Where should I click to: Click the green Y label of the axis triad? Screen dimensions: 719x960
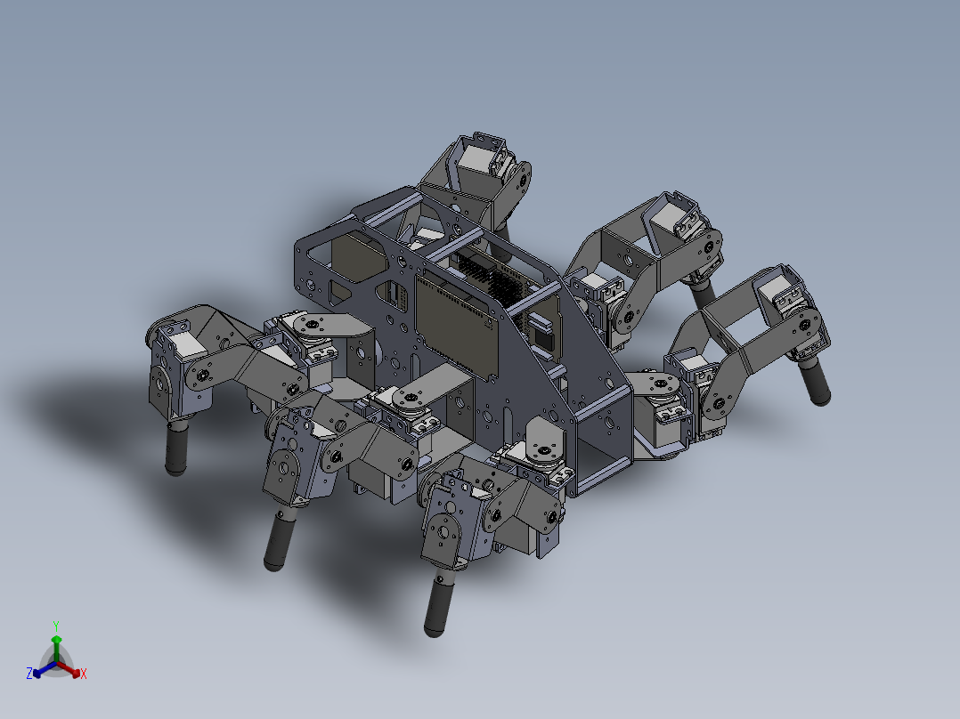click(x=55, y=626)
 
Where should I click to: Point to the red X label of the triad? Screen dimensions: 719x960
click(x=84, y=675)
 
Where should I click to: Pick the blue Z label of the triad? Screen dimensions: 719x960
click(x=29, y=674)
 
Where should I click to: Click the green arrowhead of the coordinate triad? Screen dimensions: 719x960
click(x=56, y=639)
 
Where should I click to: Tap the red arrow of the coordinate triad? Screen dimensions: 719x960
click(x=72, y=669)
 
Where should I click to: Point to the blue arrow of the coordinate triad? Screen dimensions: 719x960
click(x=40, y=669)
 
